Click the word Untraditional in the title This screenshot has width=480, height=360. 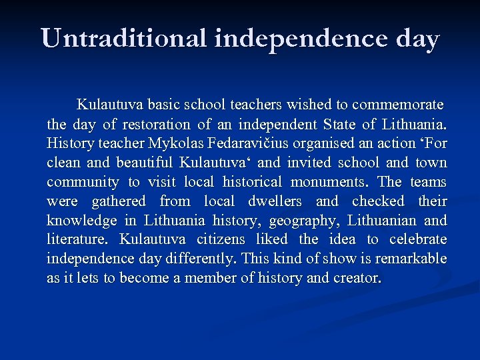[124, 39]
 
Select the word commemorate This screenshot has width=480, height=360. [397, 105]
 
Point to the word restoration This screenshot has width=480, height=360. [156, 124]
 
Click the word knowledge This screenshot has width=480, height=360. [79, 221]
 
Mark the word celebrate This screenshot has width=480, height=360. [418, 239]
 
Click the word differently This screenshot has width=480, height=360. [204, 259]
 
